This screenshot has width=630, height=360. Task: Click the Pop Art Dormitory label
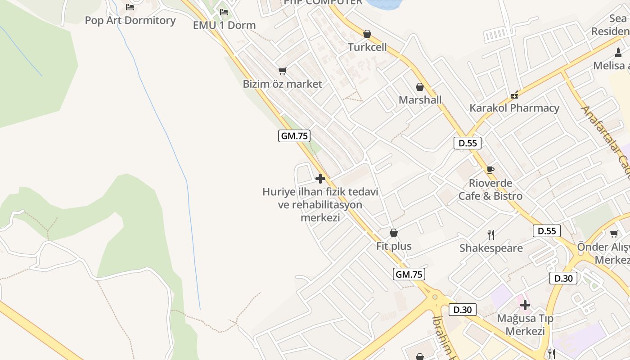pyautogui.click(x=130, y=20)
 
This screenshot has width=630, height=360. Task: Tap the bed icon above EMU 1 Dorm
pyautogui.click(x=224, y=12)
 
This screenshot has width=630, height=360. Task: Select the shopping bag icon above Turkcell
pyautogui.click(x=367, y=34)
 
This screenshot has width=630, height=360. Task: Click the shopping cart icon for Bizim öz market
pyautogui.click(x=283, y=71)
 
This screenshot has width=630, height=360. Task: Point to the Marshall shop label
pyautogui.click(x=420, y=100)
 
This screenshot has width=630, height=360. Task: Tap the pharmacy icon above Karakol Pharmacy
pyautogui.click(x=514, y=95)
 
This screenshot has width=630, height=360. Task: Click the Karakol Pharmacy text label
pyautogui.click(x=514, y=108)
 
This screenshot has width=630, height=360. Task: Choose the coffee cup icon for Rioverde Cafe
pyautogui.click(x=490, y=170)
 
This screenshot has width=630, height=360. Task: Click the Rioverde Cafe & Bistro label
pyautogui.click(x=490, y=189)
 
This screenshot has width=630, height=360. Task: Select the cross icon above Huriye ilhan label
pyautogui.click(x=320, y=179)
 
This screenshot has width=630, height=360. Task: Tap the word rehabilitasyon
pyautogui.click(x=327, y=205)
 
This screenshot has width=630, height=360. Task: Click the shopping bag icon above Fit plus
pyautogui.click(x=394, y=233)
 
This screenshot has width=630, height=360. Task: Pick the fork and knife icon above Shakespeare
pyautogui.click(x=491, y=234)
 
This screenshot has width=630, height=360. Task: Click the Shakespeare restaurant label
pyautogui.click(x=491, y=248)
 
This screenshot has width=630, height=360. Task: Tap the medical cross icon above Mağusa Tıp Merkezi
pyautogui.click(x=525, y=305)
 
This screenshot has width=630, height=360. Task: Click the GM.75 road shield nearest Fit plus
pyautogui.click(x=409, y=274)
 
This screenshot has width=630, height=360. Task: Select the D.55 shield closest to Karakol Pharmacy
pyautogui.click(x=468, y=143)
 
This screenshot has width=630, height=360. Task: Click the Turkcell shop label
pyautogui.click(x=367, y=47)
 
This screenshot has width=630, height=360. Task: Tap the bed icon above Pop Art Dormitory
pyautogui.click(x=130, y=7)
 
